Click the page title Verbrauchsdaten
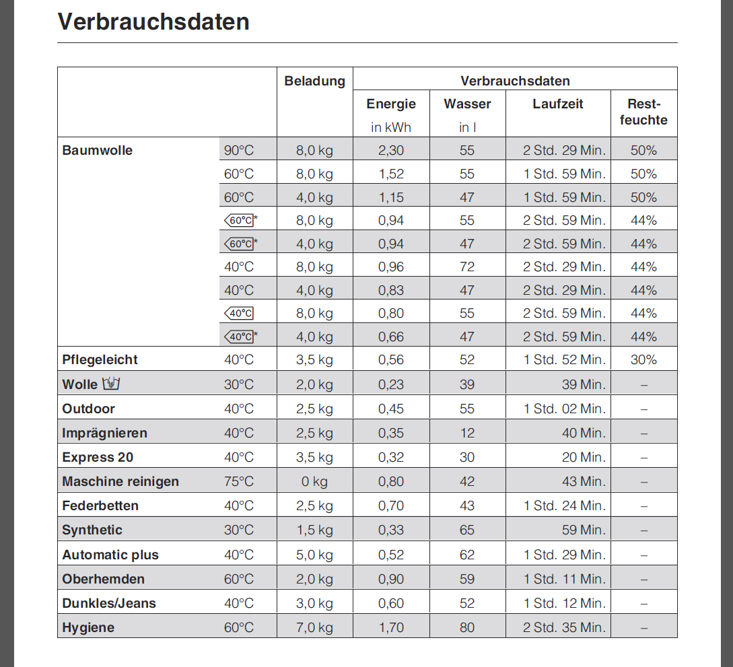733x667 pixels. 153,22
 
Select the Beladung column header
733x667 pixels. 314,81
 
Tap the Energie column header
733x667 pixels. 391,104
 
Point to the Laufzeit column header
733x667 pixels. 557,104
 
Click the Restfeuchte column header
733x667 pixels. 643,112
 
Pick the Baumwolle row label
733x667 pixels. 97,150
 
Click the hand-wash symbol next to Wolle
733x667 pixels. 110,384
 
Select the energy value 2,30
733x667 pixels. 391,150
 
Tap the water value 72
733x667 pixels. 467,267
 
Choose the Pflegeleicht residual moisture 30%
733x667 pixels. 643,359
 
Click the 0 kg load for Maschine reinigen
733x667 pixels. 314,481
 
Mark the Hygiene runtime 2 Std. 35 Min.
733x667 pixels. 564,627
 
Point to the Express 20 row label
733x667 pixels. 98,457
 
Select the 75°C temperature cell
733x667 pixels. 239,481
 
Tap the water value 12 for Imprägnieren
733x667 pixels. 467,433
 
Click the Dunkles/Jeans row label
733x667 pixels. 109,603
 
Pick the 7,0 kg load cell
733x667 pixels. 314,627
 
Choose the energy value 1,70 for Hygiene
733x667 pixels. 391,627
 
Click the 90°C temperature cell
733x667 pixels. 239,150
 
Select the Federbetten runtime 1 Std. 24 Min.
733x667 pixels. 564,505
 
